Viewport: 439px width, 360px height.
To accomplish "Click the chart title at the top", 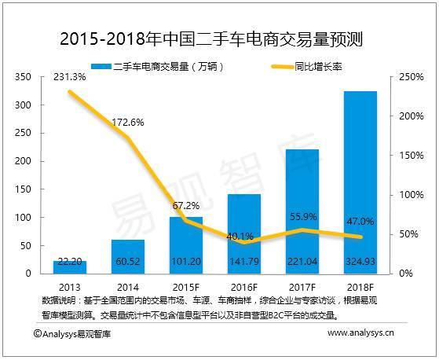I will [x=219, y=39].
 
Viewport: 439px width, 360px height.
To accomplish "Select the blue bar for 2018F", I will [x=360, y=181].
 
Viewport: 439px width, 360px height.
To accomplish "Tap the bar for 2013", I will [x=69, y=266].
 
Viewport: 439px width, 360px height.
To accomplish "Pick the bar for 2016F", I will [x=243, y=233].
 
